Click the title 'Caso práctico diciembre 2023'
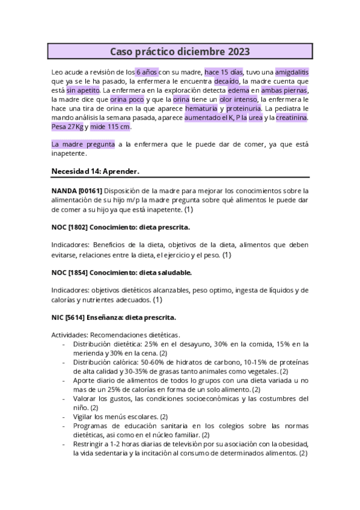coord(180,52)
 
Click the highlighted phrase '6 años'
coord(147,72)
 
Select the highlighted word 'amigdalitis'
coord(291,72)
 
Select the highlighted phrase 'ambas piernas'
coord(284,90)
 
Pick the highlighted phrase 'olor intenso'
coord(239,99)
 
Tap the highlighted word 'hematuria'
coord(201,108)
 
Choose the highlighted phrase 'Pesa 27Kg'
coord(67,127)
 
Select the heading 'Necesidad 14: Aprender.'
coord(96,171)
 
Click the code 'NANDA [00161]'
coord(78,191)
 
